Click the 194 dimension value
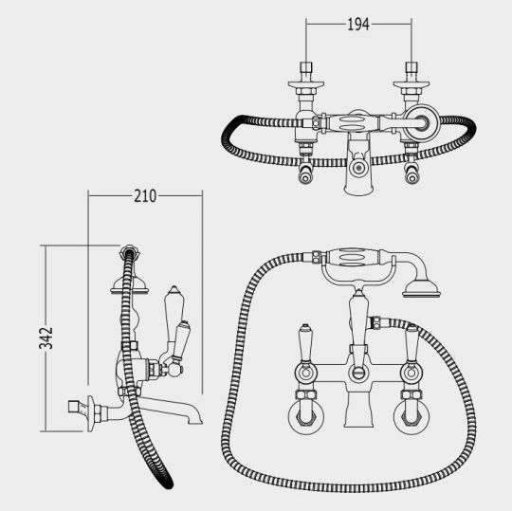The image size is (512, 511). [x=358, y=25]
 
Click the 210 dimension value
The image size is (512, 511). [x=145, y=196]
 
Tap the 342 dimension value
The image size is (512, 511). [x=46, y=338]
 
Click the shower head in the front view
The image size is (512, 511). [x=421, y=289]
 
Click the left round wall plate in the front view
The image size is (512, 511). [x=306, y=416]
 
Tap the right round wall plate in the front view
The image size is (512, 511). [x=411, y=416]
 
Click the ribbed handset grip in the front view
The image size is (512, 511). [x=353, y=257]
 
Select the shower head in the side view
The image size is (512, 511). [x=130, y=286]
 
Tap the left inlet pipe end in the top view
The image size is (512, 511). [x=306, y=67]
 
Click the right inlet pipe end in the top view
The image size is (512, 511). [x=411, y=67]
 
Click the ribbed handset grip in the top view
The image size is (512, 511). [x=353, y=123]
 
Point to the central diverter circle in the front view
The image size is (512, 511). [x=358, y=373]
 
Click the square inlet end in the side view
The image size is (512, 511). [x=74, y=407]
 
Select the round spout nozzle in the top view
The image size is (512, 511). [x=358, y=168]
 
